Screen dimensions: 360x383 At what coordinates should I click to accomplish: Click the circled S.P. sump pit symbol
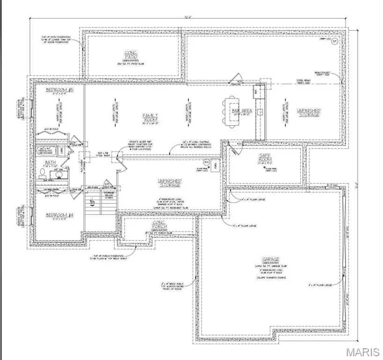pos(334,42)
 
